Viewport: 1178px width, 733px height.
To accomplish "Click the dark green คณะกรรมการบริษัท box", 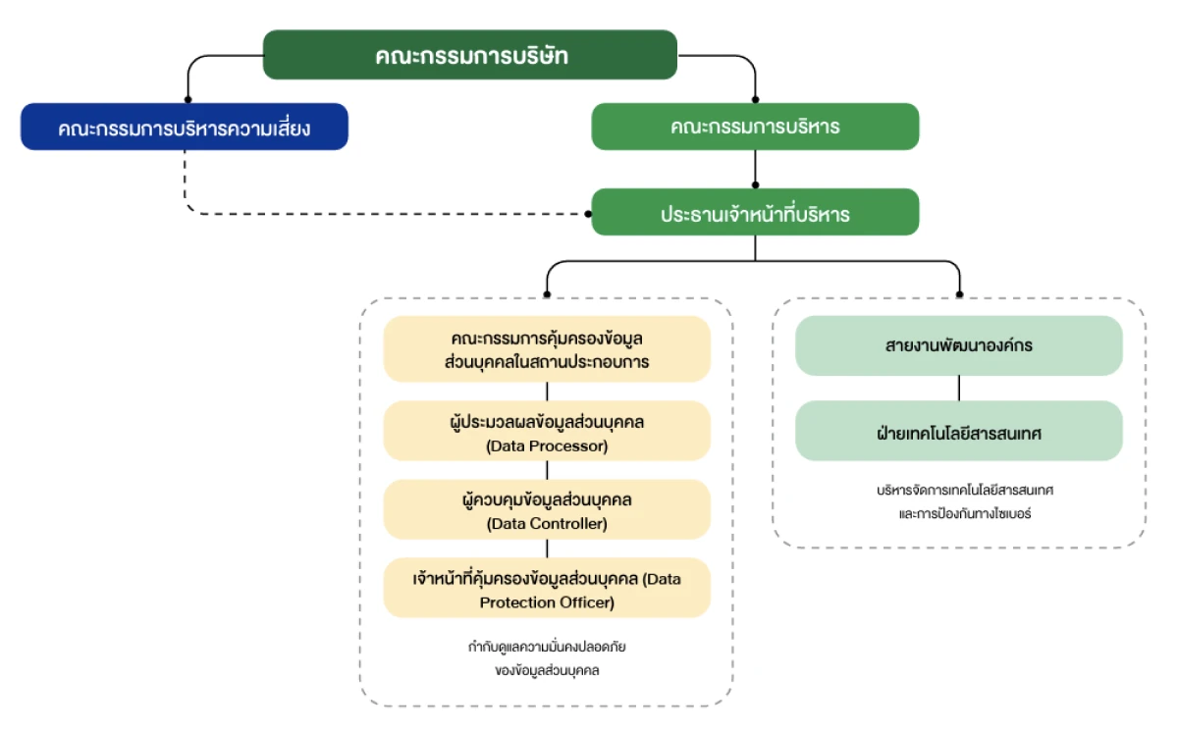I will tap(470, 55).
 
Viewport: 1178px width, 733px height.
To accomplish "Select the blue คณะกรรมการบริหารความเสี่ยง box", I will tap(185, 127).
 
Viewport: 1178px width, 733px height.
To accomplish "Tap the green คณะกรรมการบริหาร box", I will tap(755, 127).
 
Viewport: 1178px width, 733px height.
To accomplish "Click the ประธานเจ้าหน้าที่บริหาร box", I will tap(755, 213).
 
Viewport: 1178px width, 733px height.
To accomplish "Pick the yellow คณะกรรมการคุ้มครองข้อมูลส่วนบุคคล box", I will tap(547, 349).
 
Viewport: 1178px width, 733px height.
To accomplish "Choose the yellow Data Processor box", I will tap(547, 431).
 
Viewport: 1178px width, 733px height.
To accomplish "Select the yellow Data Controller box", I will tap(547, 509).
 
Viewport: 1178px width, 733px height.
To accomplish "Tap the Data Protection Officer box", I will tap(547, 589).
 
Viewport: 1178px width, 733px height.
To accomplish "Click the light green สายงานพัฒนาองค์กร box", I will tap(958, 345).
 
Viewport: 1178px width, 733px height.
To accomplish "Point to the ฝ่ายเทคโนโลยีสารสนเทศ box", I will tap(958, 431).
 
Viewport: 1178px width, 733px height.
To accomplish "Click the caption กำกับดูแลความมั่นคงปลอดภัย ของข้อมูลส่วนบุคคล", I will tap(547, 658).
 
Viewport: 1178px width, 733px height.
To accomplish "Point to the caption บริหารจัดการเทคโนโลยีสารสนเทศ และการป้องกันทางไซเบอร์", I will tap(958, 500).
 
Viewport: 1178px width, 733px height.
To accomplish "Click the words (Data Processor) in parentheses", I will tap(547, 445).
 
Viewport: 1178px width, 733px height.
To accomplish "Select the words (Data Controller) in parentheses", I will tap(547, 524).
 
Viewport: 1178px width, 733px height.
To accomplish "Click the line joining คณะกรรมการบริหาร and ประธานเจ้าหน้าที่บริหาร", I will tap(755, 169).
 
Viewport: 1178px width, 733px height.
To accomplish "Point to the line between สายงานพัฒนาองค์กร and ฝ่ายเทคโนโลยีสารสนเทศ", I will tap(958, 388).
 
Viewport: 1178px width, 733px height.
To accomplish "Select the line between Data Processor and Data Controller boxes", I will tap(547, 470).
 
